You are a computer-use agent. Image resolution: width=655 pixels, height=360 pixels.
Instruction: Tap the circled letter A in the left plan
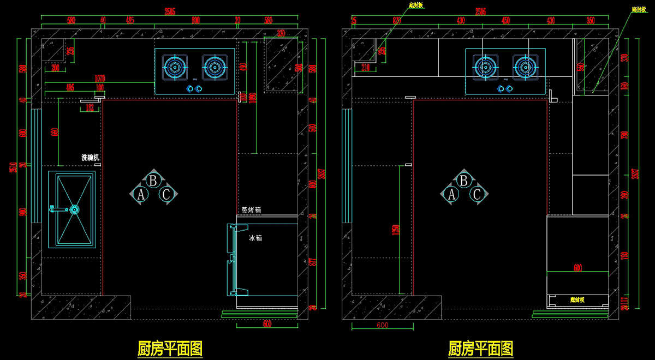[140, 194]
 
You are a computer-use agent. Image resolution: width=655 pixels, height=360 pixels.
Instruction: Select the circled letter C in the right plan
[477, 194]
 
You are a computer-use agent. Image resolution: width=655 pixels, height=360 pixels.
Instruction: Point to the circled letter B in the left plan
[154, 180]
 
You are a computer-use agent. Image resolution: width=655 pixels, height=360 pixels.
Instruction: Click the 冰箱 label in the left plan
[255, 238]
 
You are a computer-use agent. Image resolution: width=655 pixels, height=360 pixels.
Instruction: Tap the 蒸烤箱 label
[252, 209]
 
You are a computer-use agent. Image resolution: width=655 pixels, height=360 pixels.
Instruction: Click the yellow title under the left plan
[170, 347]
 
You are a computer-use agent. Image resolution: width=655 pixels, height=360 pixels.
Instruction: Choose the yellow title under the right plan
[481, 347]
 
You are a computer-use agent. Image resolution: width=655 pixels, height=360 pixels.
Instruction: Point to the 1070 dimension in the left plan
[100, 79]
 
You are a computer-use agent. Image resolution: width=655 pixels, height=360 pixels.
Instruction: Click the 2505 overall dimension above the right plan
[480, 11]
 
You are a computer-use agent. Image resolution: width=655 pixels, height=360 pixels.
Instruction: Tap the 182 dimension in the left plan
[91, 109]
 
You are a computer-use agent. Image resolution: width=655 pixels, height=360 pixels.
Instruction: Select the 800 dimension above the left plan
[195, 20]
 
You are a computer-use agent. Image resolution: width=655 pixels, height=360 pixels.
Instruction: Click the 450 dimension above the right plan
[505, 20]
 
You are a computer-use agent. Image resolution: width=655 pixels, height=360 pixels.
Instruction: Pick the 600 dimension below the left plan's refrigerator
[267, 323]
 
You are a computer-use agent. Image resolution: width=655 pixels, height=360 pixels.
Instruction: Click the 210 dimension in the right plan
[365, 67]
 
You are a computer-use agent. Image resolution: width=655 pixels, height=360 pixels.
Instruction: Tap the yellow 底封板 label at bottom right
[577, 299]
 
